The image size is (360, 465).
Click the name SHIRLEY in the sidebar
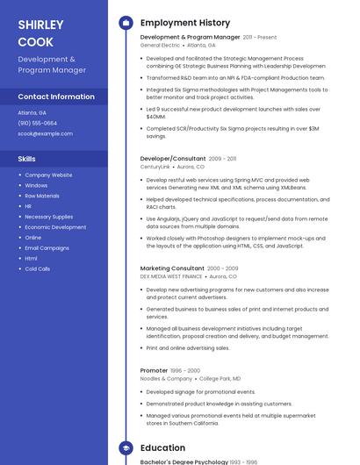pos(40,25)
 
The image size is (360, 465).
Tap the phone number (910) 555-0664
pos(37,123)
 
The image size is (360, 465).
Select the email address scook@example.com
pos(45,133)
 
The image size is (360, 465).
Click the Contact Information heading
pos(56,97)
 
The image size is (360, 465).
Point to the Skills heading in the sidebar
pos(26,159)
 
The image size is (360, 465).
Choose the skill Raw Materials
pos(42,196)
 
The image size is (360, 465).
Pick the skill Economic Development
pos(55,227)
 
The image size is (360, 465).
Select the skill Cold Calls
pos(38,268)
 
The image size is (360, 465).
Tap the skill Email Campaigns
pos(47,247)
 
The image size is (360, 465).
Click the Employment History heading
pos(184,22)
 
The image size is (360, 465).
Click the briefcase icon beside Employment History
pos(126,22)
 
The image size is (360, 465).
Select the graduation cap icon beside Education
pos(126,447)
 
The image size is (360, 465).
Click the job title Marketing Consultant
pos(172,268)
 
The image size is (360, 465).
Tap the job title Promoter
pos(154,370)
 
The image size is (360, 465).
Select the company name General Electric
pos(160,45)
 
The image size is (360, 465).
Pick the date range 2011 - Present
pos(260,38)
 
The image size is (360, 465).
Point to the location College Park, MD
pos(220,378)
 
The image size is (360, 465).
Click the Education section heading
pos(162,447)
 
